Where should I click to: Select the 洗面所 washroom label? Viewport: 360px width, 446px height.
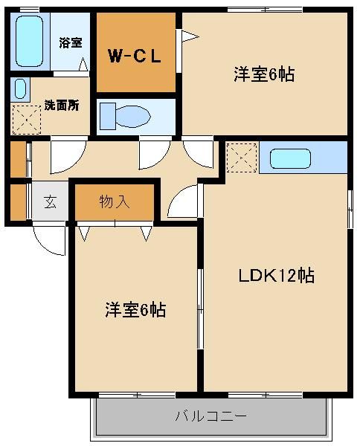[61, 105]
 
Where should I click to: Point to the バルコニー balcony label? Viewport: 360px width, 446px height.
[210, 415]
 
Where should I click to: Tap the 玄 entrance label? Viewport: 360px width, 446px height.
[50, 201]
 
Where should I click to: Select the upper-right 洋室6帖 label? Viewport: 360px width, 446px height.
[264, 74]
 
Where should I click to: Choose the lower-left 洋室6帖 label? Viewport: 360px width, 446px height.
[135, 310]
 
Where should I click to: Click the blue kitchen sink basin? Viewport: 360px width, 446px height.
[290, 159]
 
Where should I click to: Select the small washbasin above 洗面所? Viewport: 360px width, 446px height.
[20, 89]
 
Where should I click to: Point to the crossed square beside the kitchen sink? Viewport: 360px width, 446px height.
[242, 158]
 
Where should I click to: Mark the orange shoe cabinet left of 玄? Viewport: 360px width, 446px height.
[19, 201]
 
